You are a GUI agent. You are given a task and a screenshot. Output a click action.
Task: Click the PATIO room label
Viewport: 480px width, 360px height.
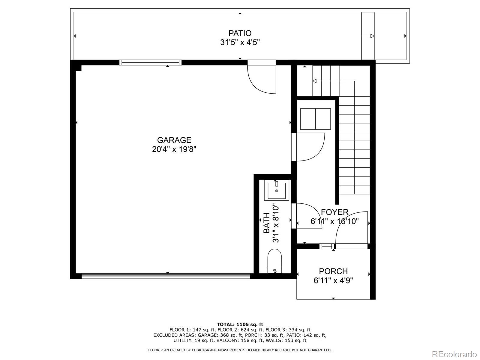pyautogui.click(x=240, y=33)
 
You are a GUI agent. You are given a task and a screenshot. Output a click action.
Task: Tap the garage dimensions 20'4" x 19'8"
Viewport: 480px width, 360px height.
pyautogui.click(x=174, y=149)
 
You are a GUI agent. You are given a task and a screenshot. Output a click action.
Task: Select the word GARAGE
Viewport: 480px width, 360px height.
pyautogui.click(x=174, y=140)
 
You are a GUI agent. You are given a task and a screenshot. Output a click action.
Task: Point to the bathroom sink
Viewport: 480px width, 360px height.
pyautogui.click(x=277, y=191)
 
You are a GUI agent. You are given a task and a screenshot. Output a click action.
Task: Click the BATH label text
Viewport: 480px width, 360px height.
pyautogui.click(x=266, y=223)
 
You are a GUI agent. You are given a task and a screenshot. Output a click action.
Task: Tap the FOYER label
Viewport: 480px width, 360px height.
pyautogui.click(x=334, y=212)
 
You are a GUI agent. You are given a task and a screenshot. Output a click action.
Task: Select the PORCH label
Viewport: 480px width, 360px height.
pyautogui.click(x=333, y=271)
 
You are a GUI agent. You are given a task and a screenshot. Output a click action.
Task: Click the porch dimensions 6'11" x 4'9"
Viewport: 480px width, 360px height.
pyautogui.click(x=333, y=280)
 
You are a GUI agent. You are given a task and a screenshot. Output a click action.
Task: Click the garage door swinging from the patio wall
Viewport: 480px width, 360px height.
pyautogui.click(x=261, y=79)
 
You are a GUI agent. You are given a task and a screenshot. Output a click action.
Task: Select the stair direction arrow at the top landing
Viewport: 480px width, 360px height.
pyautogui.click(x=315, y=81)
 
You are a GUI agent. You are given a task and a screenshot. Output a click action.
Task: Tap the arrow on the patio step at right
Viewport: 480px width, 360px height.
pyautogui.click(x=371, y=36)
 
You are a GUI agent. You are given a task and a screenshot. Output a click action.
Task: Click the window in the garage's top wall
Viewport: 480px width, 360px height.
pyautogui.click(x=150, y=62)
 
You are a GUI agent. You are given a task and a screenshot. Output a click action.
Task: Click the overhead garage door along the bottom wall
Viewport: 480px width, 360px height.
pyautogui.click(x=166, y=276)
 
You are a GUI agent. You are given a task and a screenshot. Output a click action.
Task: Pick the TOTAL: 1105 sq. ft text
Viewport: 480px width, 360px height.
pyautogui.click(x=240, y=324)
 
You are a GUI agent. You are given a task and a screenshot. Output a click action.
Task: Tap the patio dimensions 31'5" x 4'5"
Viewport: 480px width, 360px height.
pyautogui.click(x=240, y=42)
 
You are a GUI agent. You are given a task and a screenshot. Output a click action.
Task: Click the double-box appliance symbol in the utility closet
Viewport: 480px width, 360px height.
pyautogui.click(x=315, y=119)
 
